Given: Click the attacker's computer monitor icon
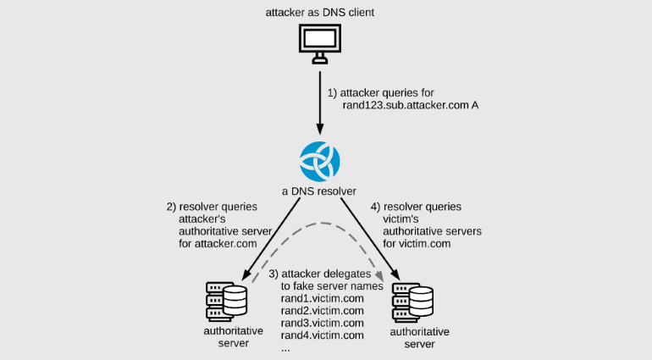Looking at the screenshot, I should tap(320, 43).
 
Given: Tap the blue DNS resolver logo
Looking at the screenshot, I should tap(320, 160).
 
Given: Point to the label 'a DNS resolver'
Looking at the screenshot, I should tap(320, 190).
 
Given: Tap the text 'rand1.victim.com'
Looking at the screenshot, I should tap(323, 298).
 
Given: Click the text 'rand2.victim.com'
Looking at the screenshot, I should tap(323, 310).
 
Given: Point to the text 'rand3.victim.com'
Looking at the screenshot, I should tap(323, 323).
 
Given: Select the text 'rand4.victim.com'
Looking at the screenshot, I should tap(323, 335).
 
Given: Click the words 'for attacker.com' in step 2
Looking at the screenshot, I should tap(218, 243).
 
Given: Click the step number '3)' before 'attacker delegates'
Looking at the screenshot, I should tap(274, 274).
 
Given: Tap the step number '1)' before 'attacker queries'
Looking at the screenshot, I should tap(333, 91).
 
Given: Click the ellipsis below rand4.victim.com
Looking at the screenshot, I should tap(285, 348).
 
